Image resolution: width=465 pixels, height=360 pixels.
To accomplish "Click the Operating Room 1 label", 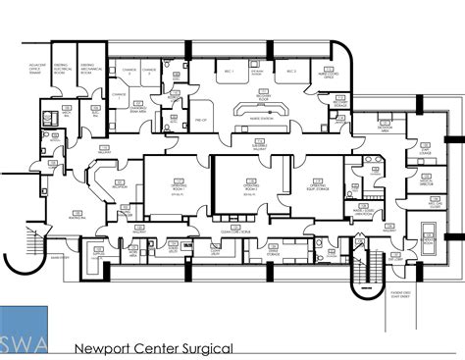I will point(179,186).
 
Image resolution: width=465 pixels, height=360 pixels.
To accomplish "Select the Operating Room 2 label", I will point(249,186).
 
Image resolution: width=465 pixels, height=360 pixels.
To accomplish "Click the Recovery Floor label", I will point(263,97).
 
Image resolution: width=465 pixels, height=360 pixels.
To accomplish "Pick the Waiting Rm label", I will point(74,212).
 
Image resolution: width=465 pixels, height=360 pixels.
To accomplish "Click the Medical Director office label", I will point(425,182).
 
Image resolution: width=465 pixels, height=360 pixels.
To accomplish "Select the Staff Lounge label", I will point(425,153).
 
